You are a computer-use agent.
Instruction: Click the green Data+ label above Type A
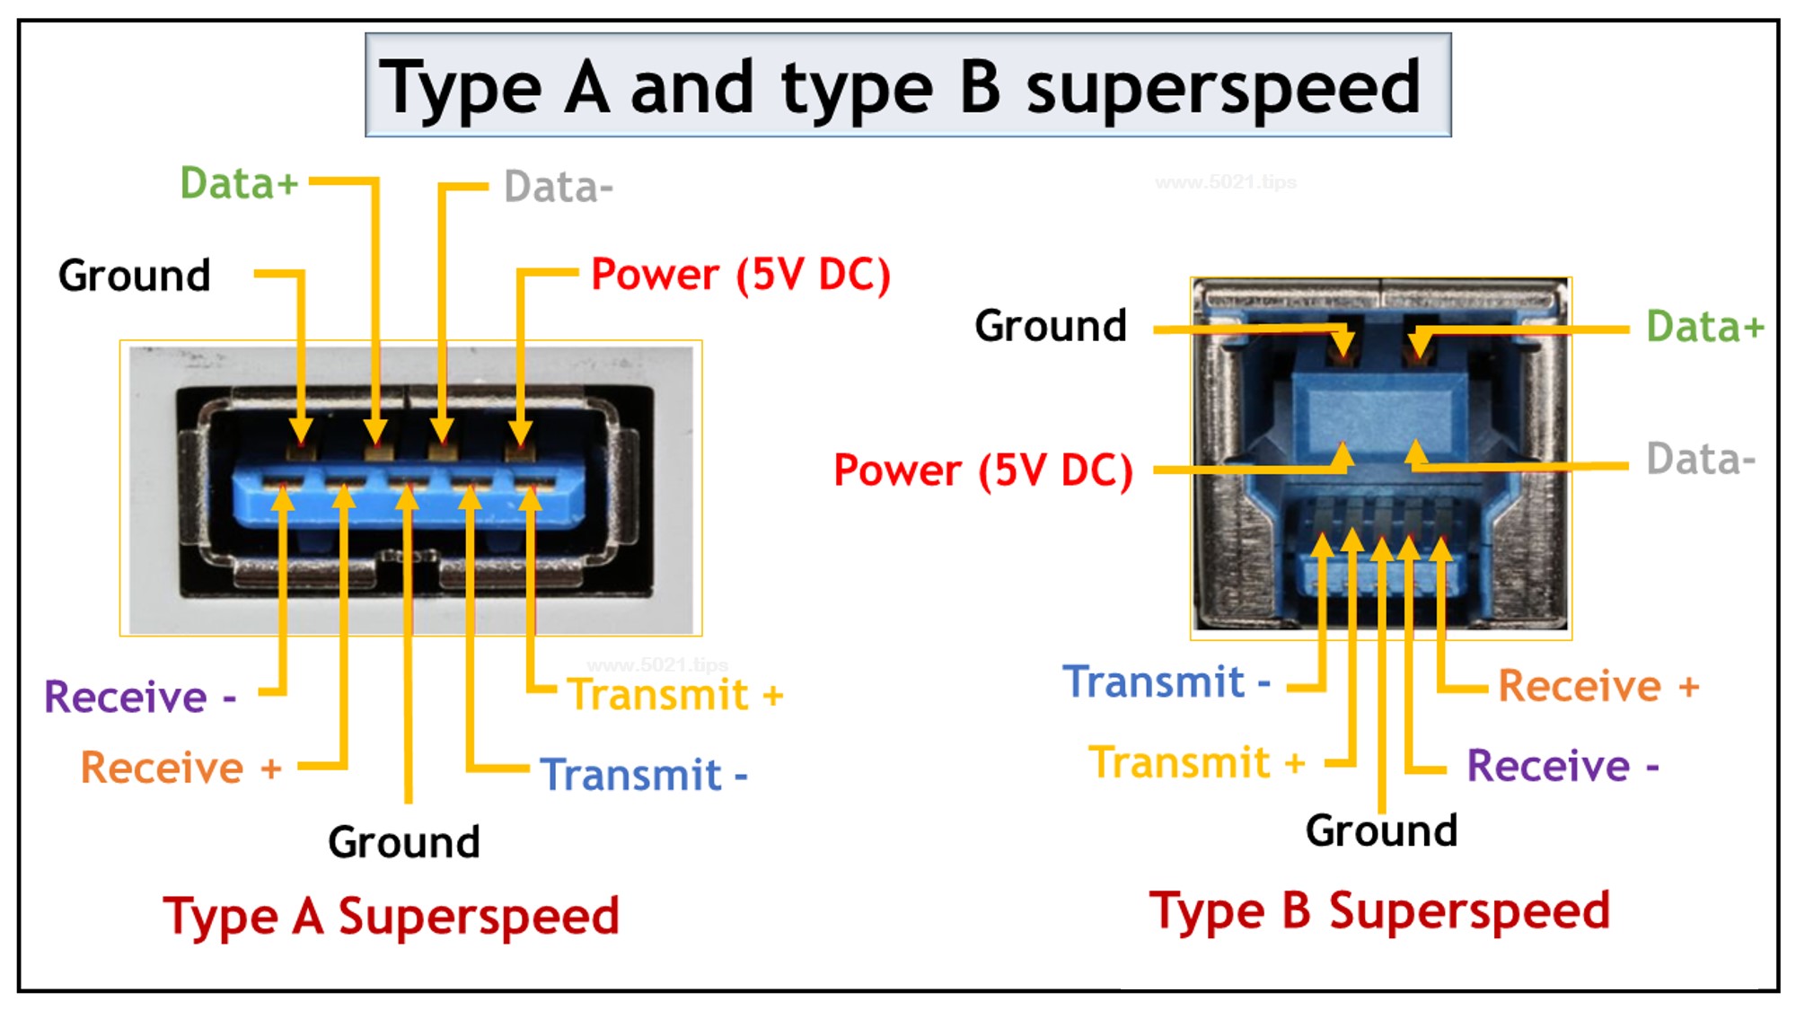239,183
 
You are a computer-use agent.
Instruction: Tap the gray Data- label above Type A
558,188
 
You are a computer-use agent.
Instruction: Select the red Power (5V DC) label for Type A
740,274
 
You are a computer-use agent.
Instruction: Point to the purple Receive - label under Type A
140,697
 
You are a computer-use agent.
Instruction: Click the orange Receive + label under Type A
180,768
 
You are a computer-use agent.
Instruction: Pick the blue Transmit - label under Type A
643,775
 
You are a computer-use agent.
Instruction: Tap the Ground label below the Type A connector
403,842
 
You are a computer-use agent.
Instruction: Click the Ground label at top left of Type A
134,275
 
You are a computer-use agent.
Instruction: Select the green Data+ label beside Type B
1704,326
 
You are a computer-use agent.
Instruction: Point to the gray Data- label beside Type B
1700,459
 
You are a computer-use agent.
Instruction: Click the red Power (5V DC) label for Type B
982,470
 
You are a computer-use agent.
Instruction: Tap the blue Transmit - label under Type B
1166,682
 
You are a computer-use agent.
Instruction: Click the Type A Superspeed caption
391,917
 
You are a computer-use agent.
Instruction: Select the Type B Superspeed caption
1379,911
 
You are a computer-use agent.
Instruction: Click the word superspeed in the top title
1223,88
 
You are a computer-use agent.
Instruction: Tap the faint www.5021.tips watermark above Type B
1225,182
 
